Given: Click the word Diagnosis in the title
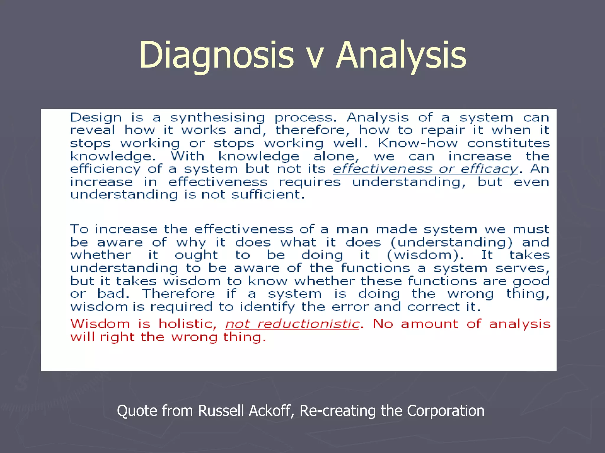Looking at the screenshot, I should (216, 55).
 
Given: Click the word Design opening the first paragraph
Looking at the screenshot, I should (96, 118).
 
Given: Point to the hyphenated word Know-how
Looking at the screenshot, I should (417, 144).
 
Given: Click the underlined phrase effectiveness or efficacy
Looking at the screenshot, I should (425, 169).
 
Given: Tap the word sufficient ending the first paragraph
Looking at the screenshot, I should (268, 195).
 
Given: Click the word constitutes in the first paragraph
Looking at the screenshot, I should (508, 144).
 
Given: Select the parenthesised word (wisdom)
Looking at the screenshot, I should (425, 255).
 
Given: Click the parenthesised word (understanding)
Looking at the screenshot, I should (451, 243).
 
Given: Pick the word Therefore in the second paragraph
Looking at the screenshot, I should (178, 294).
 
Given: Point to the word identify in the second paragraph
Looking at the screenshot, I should (267, 307).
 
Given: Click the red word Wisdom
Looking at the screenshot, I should (100, 324).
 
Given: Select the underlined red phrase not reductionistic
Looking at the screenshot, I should (292, 324).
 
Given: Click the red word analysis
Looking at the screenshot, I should (520, 324).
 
